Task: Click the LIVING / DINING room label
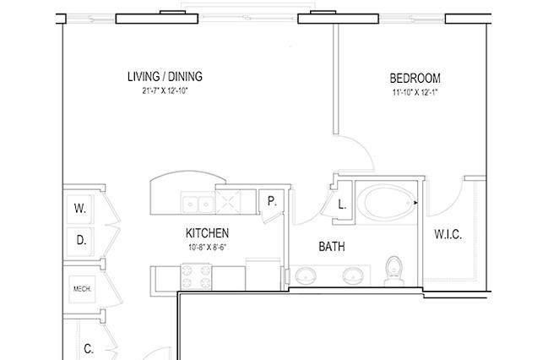pyautogui.click(x=165, y=77)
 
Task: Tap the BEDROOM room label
pyautogui.click(x=415, y=78)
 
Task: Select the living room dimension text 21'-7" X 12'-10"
pyautogui.click(x=165, y=91)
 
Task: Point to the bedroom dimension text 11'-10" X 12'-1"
pyautogui.click(x=415, y=93)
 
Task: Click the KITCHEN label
pyautogui.click(x=207, y=233)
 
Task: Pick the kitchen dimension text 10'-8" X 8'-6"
pyautogui.click(x=207, y=248)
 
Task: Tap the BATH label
pyautogui.click(x=332, y=247)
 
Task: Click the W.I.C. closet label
pyautogui.click(x=448, y=234)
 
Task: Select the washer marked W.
pyautogui.click(x=80, y=209)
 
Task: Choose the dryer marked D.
pyautogui.click(x=80, y=241)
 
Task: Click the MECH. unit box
pyautogui.click(x=82, y=289)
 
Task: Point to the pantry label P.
pyautogui.click(x=272, y=201)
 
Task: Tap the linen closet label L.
pyautogui.click(x=342, y=205)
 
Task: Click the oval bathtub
pyautogui.click(x=388, y=203)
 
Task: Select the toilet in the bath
pyautogui.click(x=394, y=270)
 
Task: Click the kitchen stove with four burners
pyautogui.click(x=196, y=277)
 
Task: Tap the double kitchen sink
pyautogui.click(x=198, y=204)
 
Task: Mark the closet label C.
pyautogui.click(x=89, y=349)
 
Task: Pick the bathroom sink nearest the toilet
pyautogui.click(x=353, y=275)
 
